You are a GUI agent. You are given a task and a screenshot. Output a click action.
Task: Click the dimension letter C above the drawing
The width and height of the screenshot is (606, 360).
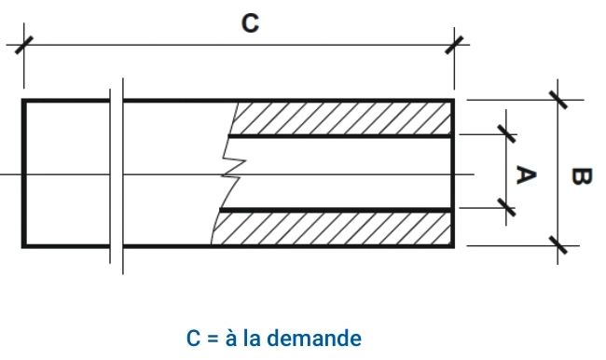250,23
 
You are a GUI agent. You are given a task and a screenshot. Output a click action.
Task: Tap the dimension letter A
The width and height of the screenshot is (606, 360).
526,174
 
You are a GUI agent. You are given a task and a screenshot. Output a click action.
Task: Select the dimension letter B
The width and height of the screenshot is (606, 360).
581,176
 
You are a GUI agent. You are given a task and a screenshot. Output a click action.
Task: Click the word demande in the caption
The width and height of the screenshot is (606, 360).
314,338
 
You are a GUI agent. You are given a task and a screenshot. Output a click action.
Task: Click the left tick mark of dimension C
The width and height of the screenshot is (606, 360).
24,46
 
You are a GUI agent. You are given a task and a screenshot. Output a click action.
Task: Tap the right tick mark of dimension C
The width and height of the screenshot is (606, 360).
454,46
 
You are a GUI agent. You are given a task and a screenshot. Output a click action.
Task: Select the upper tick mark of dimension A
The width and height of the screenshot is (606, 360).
506,133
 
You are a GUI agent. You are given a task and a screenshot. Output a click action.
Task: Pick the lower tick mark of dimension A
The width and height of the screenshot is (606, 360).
506,208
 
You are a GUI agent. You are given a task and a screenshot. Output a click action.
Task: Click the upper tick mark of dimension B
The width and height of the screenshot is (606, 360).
558,100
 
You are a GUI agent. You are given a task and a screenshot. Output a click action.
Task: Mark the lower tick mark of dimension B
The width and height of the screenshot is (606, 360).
558,245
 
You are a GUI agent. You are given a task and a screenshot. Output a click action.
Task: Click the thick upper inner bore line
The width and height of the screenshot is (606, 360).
340,136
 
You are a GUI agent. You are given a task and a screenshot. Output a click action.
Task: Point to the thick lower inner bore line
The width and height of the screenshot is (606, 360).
336,210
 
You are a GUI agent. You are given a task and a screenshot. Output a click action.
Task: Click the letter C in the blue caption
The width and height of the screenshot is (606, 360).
193,339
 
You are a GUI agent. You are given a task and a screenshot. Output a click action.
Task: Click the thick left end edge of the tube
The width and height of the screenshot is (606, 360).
23,173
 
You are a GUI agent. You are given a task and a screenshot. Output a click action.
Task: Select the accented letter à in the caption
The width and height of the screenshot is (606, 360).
231,338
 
